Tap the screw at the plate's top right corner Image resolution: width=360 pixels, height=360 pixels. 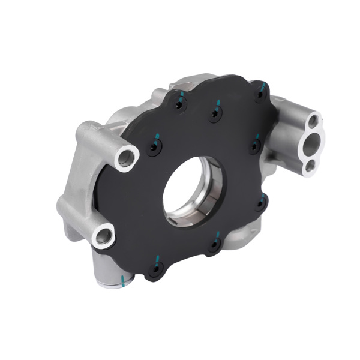(259, 94)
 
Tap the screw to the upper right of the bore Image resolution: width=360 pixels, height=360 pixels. (254, 145)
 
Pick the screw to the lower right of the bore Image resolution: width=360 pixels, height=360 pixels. (261, 203)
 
